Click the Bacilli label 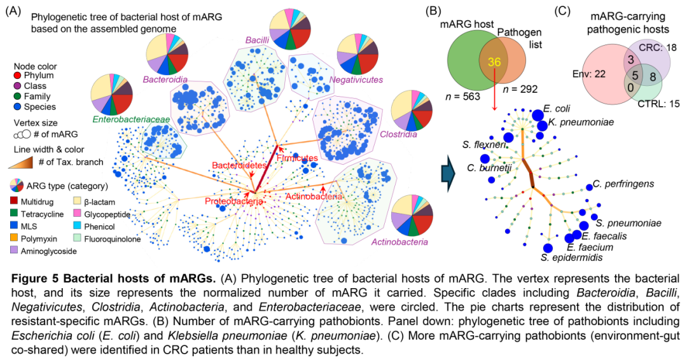257,40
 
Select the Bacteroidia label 165,80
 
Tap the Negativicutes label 356,80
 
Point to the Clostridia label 398,134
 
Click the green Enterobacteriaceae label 121,119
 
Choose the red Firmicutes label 297,158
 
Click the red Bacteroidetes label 239,165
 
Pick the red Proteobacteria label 233,201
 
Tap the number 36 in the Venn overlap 494,62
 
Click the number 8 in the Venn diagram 653,77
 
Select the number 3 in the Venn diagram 630,59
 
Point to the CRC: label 651,47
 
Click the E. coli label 557,109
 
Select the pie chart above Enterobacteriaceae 112,94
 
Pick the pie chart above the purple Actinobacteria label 412,215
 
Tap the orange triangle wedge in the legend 20,163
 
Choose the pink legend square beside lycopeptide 77,212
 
